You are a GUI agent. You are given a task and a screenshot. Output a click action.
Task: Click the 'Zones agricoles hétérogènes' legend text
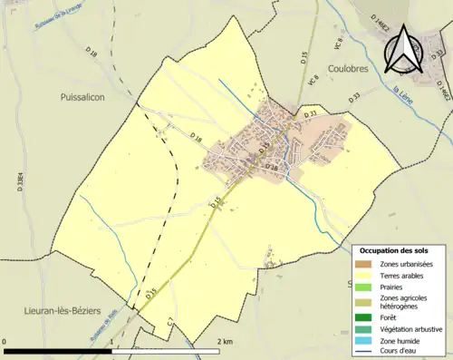(x=405, y=301)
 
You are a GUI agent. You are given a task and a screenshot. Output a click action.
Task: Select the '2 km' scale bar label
(x=224, y=341)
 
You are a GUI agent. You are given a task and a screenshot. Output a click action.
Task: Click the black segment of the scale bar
(x=59, y=349)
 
